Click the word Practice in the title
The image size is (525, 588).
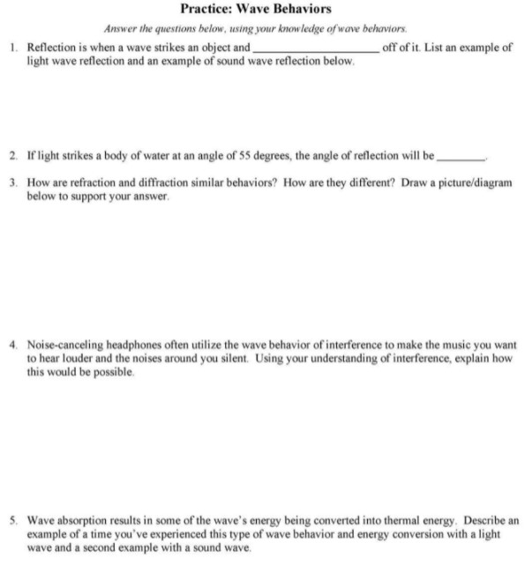pyautogui.click(x=206, y=10)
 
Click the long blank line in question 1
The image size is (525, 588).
pyautogui.click(x=315, y=50)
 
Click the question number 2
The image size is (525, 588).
pyautogui.click(x=17, y=154)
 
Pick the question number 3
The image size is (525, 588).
pyautogui.click(x=17, y=183)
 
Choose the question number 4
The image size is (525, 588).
pyautogui.click(x=17, y=344)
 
